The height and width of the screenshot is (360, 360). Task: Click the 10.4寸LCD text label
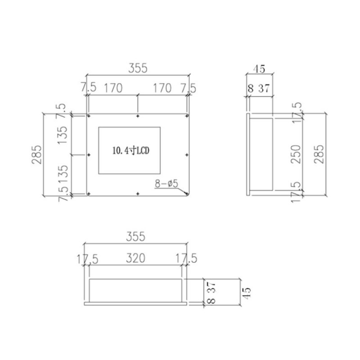coord(131,151)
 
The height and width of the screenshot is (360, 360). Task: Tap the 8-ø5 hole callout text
coord(166,184)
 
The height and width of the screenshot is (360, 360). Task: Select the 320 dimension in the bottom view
coord(135,258)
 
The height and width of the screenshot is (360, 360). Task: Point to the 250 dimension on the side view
coord(296,154)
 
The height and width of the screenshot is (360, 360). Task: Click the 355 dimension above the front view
coord(138,68)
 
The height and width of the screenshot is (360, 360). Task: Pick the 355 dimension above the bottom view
coord(136,237)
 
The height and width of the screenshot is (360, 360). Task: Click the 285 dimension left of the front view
coord(37,154)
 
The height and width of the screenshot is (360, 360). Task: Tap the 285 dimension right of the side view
coord(319,154)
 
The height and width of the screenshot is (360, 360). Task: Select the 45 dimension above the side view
coord(260,69)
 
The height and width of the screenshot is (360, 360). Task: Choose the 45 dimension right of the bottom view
coord(246,293)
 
